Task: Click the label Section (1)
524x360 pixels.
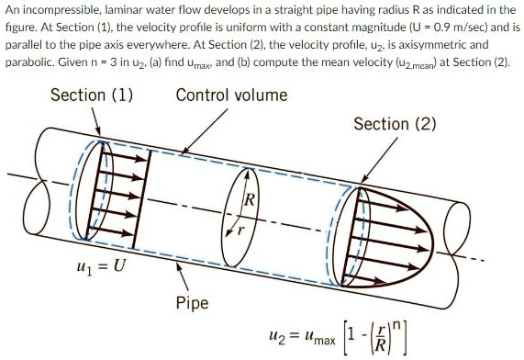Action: pos(91,96)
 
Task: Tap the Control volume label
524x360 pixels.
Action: pos(231,96)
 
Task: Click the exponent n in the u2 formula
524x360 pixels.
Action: pos(419,316)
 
